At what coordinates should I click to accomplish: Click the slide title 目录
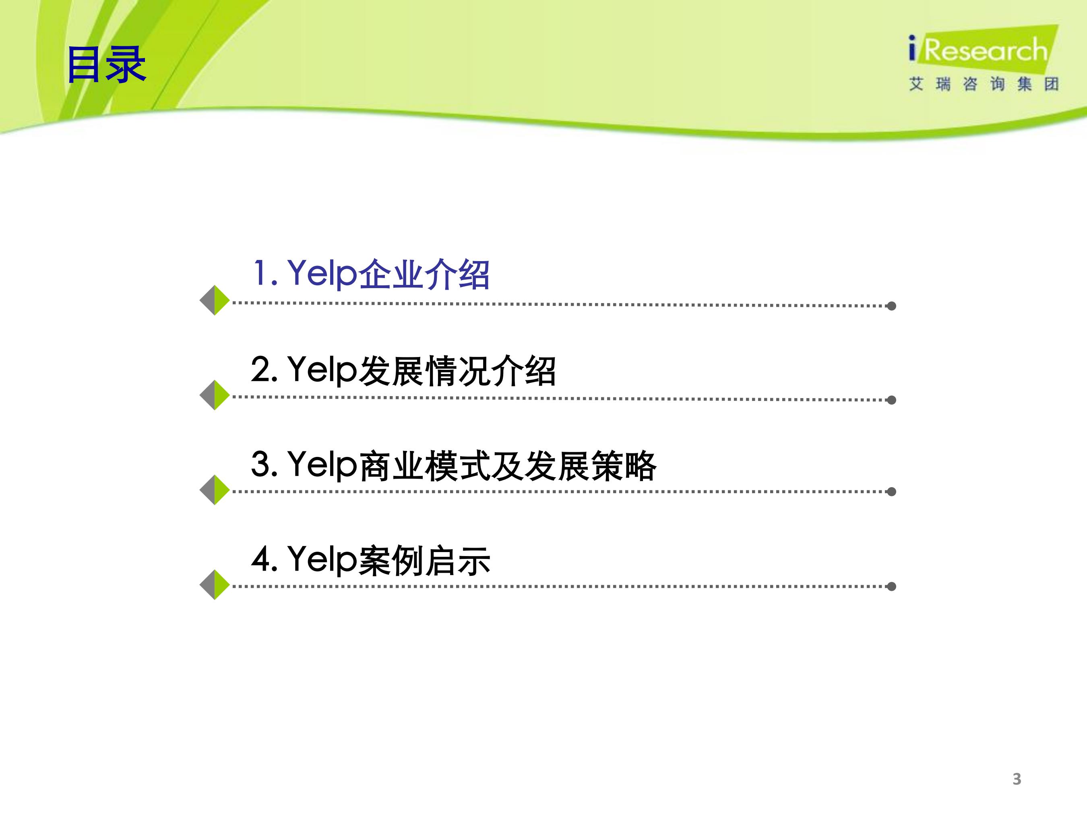coord(106,64)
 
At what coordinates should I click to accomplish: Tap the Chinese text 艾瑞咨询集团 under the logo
coord(983,84)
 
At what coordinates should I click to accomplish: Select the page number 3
coord(1017,779)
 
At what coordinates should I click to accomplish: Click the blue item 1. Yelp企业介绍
coord(371,274)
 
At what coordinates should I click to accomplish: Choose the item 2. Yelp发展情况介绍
coord(403,370)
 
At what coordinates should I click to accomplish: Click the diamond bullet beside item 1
coord(215,300)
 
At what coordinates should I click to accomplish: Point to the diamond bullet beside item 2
coord(215,395)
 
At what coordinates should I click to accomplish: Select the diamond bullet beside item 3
coord(215,490)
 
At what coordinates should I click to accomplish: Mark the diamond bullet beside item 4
coord(215,585)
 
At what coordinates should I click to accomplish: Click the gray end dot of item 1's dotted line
coord(891,306)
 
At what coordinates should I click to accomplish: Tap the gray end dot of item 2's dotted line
coord(891,400)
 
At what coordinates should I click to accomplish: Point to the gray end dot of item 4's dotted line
coord(891,586)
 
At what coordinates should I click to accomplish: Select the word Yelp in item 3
coord(322,466)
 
